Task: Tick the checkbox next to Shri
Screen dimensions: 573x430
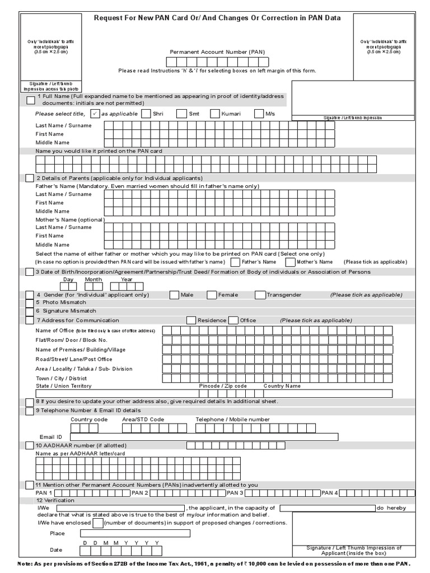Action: [146, 114]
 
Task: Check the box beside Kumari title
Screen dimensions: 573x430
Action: [215, 114]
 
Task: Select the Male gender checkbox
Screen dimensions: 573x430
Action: [174, 295]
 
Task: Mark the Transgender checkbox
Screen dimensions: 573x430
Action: [260, 295]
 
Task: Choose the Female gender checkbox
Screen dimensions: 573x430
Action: [212, 295]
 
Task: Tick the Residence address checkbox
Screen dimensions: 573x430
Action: [191, 320]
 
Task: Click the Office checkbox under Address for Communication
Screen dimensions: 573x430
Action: [233, 320]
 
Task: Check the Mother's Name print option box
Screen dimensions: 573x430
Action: [290, 262]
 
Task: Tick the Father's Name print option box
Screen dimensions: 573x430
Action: [235, 262]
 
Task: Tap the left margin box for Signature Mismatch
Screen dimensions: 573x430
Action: [30, 311]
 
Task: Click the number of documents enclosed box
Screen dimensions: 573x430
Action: [97, 523]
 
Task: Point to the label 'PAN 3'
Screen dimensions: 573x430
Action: [235, 493]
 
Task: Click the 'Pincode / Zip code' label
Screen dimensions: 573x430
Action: [223, 386]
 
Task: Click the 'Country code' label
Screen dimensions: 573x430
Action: [89, 419]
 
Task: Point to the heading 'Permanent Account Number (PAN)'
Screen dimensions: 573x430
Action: [218, 51]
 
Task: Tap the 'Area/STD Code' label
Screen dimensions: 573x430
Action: [143, 419]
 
